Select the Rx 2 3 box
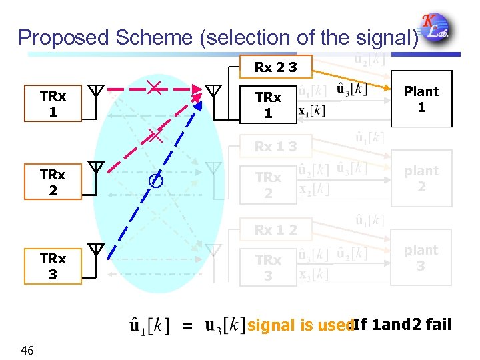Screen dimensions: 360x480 pos(275,67)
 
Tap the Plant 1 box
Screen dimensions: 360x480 pos(421,99)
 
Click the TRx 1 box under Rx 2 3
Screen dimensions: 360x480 pos(267,105)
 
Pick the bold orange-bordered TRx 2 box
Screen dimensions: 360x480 pos(53,182)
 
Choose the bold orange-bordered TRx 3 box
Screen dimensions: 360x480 pos(53,266)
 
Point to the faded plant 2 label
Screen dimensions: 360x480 pos(421,179)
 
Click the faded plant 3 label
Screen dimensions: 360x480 pos(421,258)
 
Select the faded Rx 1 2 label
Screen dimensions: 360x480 pos(275,230)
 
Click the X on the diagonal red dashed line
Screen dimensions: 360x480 pos(155,137)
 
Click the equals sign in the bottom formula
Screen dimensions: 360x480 pos(187,327)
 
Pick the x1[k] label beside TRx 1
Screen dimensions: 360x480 pos(311,111)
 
